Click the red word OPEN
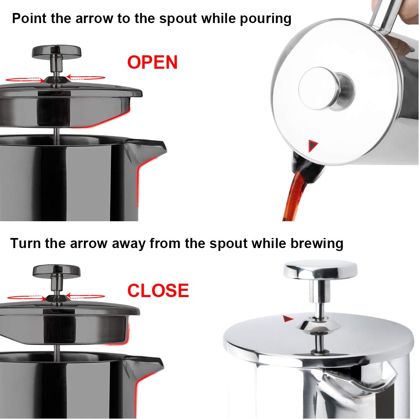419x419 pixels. point(153,62)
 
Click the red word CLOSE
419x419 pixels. point(158,291)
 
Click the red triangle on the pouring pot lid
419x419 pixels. point(313,146)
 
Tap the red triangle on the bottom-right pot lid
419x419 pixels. point(287,319)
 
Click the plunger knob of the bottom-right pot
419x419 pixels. point(321,269)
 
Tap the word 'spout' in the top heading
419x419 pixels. point(175,18)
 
